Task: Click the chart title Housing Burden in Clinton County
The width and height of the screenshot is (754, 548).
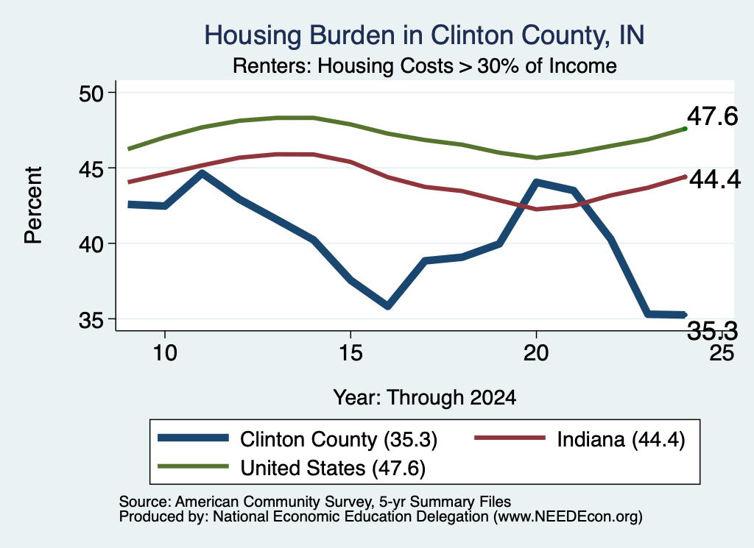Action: pos(424,35)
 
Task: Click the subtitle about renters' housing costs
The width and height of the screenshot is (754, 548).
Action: pos(425,65)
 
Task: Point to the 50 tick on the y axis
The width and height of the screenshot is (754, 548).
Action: pos(91,93)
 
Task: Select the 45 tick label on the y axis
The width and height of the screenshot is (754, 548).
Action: pos(91,168)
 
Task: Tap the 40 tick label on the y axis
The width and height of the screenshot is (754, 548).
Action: pos(91,244)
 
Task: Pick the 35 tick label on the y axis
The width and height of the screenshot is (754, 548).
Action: pos(91,320)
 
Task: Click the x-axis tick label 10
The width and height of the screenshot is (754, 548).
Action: pos(165,353)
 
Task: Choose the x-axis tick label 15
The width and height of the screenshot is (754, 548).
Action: pos(350,353)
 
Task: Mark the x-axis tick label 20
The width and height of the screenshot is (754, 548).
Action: pos(536,353)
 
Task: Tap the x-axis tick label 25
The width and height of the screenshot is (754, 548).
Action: pos(722,353)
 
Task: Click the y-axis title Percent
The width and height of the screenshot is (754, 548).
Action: pos(34,205)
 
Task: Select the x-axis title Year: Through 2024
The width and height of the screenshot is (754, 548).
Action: pos(425,398)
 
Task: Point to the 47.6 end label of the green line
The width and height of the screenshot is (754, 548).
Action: pos(712,117)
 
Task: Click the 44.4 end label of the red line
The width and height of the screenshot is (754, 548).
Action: pos(715,180)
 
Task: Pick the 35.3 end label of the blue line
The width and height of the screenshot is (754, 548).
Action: pos(712,330)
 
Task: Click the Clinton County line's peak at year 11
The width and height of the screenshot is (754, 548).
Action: pos(202,174)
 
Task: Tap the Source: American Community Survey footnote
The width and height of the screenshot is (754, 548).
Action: pos(315,502)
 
